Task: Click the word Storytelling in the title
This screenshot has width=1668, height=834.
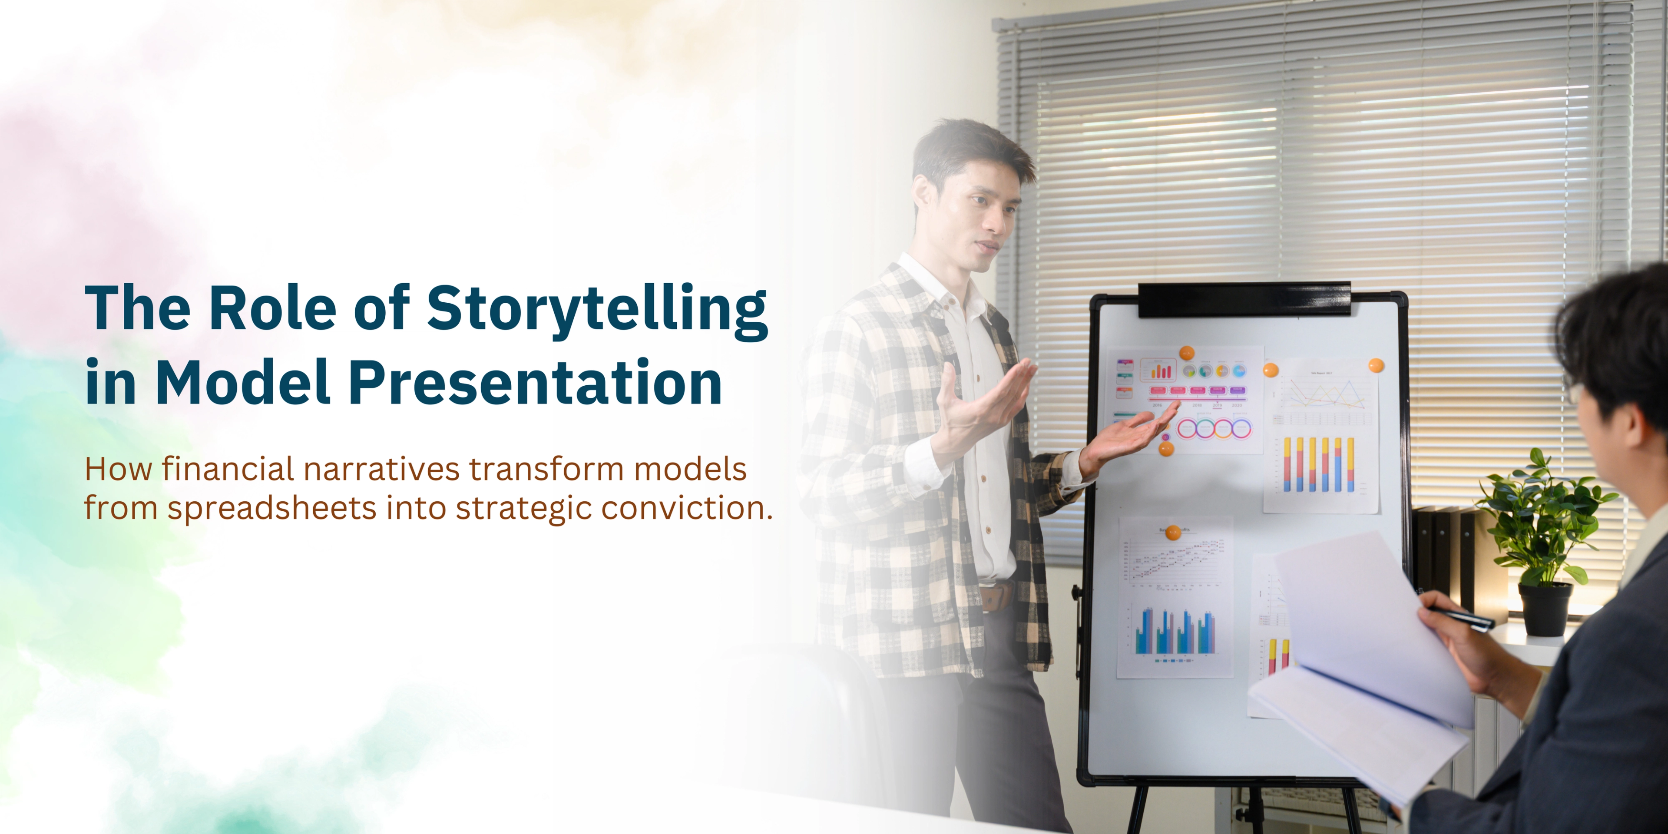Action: (597, 310)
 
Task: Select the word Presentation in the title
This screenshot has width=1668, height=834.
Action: (535, 383)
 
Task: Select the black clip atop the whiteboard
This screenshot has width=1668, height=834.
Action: (1243, 299)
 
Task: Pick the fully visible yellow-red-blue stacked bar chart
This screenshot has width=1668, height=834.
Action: (1318, 463)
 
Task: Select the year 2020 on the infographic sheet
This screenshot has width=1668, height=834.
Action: (1236, 405)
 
